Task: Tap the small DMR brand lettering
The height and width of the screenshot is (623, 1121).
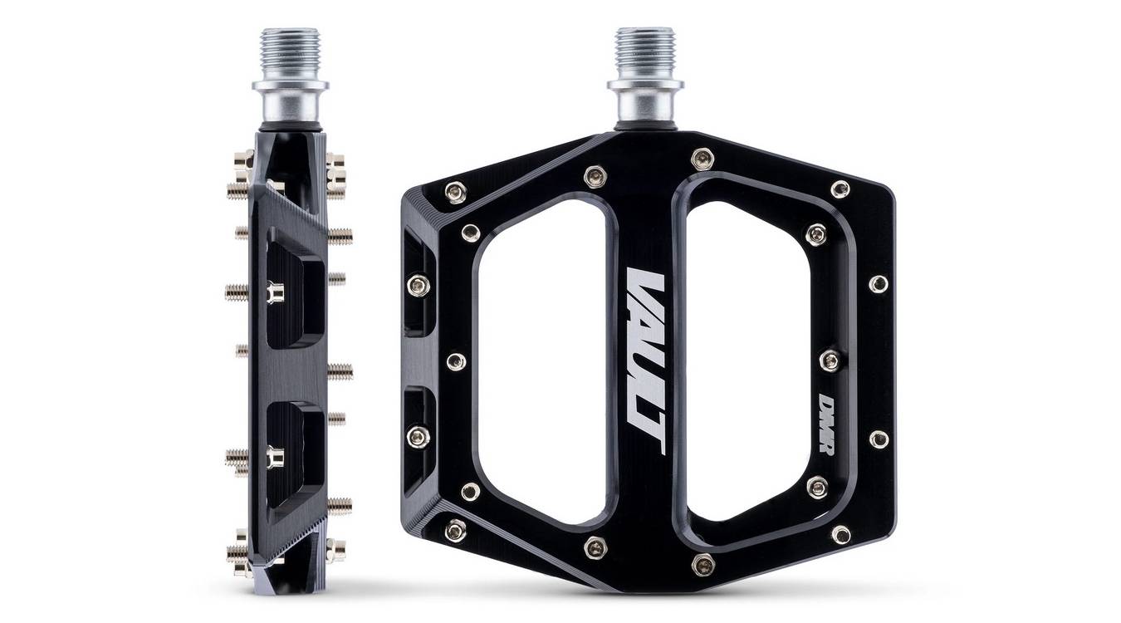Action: point(826,423)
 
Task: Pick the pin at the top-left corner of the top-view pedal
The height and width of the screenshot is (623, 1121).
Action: point(455,193)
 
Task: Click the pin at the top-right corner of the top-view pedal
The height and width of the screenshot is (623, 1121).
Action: point(840,189)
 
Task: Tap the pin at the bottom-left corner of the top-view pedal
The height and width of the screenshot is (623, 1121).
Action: point(455,529)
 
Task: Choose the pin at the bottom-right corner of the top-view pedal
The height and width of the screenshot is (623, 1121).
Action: point(840,534)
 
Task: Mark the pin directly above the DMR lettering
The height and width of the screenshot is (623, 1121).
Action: point(830,360)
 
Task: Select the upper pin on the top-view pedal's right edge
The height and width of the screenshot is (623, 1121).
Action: point(879,284)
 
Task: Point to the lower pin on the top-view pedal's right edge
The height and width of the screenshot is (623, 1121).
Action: point(879,439)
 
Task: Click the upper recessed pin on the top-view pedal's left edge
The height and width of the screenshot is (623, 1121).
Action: point(419,286)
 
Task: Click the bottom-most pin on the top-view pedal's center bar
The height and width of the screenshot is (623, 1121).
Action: point(702,565)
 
